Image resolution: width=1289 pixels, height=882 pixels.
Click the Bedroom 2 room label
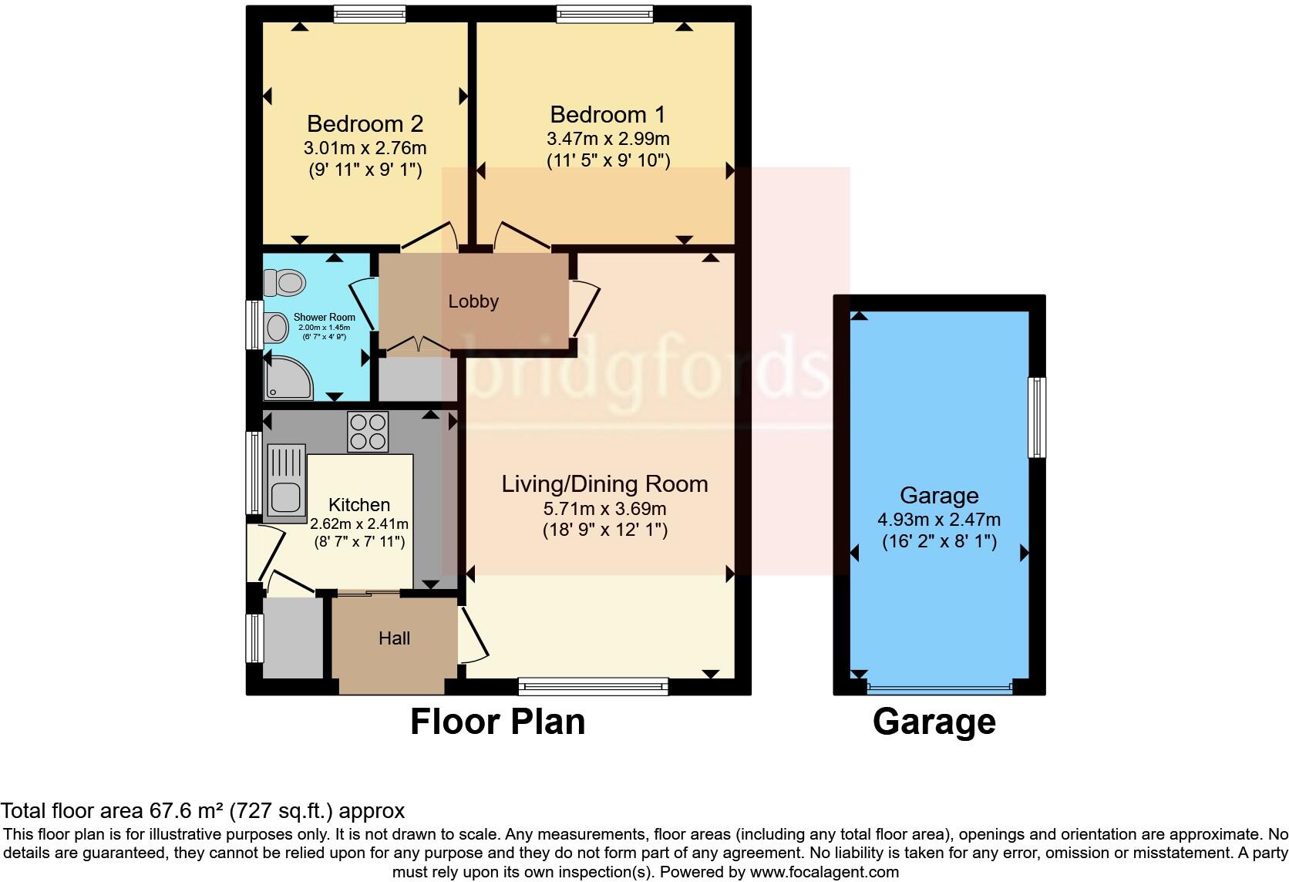(x=365, y=123)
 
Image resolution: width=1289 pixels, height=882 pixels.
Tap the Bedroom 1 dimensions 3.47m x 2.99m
(x=607, y=139)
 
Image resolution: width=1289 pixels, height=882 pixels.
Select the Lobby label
(x=473, y=301)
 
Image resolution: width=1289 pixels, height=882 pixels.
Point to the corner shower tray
(x=287, y=379)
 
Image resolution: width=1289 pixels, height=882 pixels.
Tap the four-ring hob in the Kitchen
(x=368, y=432)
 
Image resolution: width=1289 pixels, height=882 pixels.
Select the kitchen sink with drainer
(x=286, y=480)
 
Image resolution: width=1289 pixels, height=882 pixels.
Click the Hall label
(x=394, y=638)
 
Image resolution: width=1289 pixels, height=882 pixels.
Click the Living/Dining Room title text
(x=604, y=484)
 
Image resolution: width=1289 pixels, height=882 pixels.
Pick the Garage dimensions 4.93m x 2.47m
(x=939, y=520)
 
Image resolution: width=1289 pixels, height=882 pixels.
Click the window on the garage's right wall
(x=1038, y=417)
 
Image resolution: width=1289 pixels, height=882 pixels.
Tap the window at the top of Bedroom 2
(x=369, y=13)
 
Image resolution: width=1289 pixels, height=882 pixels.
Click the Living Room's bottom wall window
(x=593, y=686)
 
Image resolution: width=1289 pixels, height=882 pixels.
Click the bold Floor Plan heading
(x=497, y=722)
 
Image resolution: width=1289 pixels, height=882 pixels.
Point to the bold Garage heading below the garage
(x=934, y=722)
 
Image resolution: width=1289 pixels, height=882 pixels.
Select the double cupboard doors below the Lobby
(x=417, y=347)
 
